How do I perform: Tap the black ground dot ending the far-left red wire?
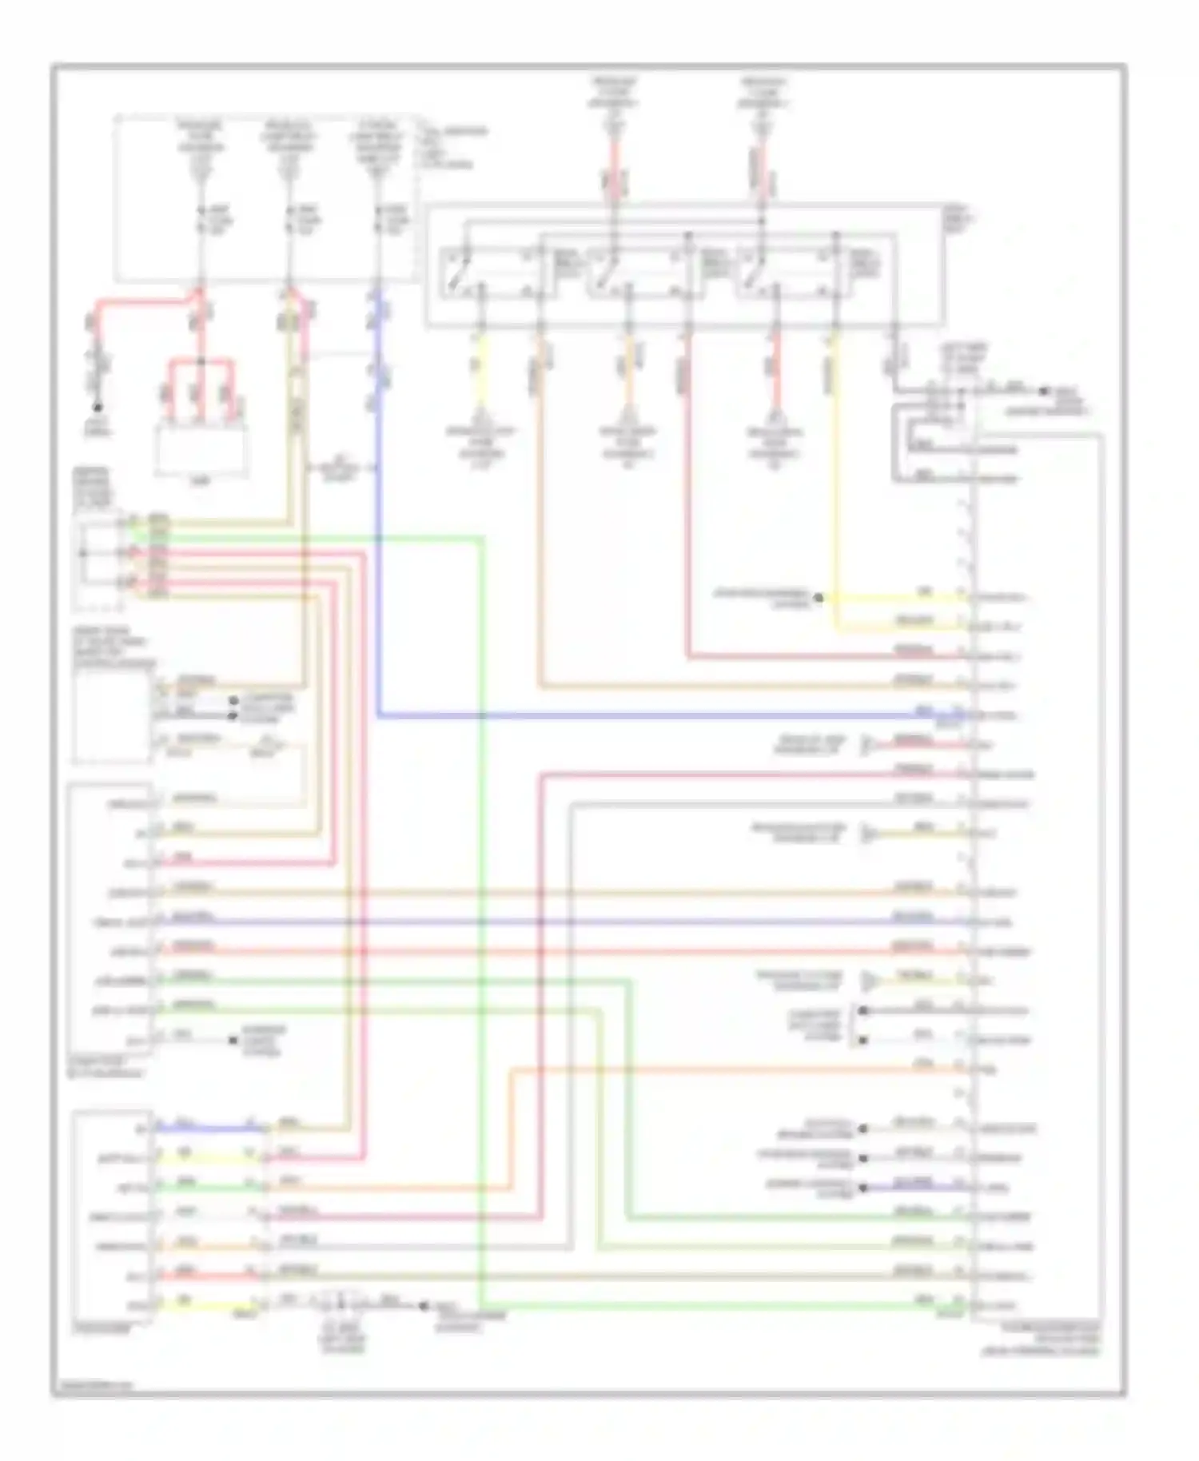click(98, 408)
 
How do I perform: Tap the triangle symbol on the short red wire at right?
click(866, 746)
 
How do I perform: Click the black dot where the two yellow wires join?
click(818, 597)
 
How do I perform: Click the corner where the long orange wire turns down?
click(512, 1069)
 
